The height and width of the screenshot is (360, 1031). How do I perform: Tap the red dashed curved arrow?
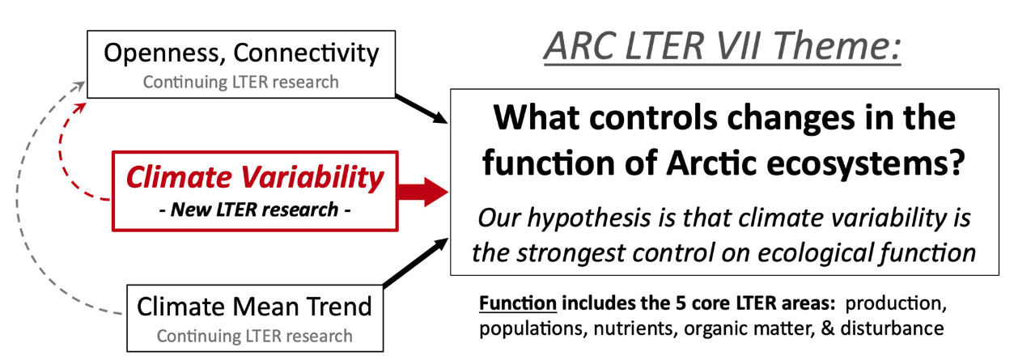click(x=63, y=154)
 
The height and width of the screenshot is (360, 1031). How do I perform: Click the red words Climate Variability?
click(x=254, y=176)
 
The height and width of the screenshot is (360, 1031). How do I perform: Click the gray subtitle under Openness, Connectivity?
click(x=240, y=82)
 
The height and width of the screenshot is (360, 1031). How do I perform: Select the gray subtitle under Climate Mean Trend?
click(x=254, y=336)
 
